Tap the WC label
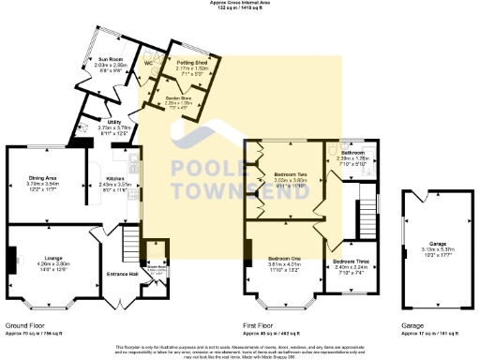(x=148, y=64)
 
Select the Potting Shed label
(x=191, y=63)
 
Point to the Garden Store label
(x=178, y=97)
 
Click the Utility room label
(x=112, y=123)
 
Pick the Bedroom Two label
(x=290, y=175)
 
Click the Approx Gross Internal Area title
(x=240, y=4)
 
